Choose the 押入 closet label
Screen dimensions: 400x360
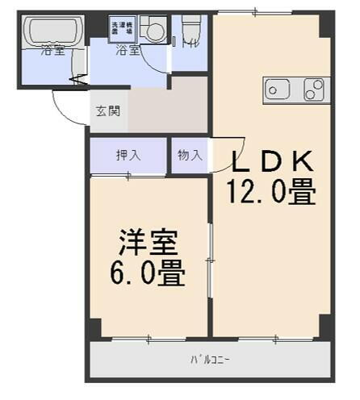128,155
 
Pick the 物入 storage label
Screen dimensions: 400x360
189,155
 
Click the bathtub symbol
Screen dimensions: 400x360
50,31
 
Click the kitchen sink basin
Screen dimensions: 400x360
277,90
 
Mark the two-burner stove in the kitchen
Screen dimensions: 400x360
314,90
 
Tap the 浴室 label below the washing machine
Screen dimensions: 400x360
127,51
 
